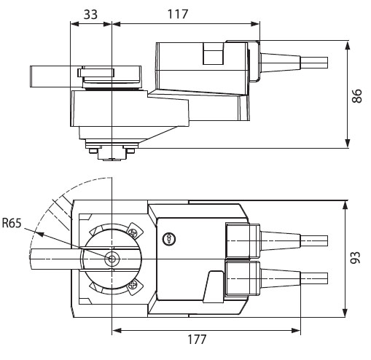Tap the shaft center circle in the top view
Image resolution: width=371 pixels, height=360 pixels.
pyautogui.click(x=112, y=259)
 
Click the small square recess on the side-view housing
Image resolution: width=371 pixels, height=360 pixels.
pyautogui.click(x=212, y=56)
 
